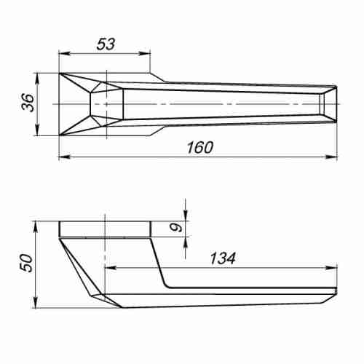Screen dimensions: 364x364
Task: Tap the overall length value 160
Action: (x=198, y=148)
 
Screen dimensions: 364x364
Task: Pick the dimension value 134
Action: (x=222, y=257)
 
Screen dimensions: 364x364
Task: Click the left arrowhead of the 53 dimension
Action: (x=63, y=53)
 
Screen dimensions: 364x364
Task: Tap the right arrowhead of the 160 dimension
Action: (x=335, y=157)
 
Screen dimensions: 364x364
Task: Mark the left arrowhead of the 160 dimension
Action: (x=63, y=157)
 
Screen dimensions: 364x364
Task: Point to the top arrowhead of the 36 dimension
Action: (x=36, y=76)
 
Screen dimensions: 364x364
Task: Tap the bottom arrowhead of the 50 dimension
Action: (x=36, y=304)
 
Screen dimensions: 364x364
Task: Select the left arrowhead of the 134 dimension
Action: (x=111, y=266)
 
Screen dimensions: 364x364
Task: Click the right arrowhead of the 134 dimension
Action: (x=335, y=266)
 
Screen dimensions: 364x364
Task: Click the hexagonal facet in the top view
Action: (x=106, y=104)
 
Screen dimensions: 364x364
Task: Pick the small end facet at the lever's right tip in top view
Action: (x=330, y=104)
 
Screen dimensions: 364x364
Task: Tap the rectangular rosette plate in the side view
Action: (x=105, y=229)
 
